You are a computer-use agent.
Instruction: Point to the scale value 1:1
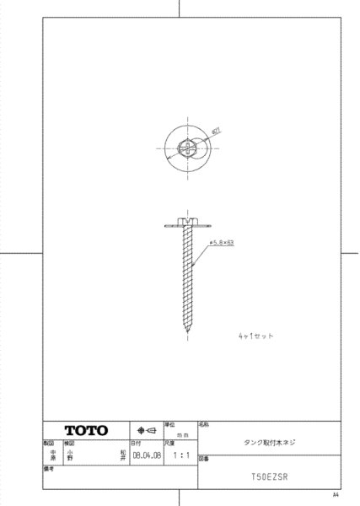pyautogui.click(x=179, y=453)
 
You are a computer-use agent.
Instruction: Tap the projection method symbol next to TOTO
pyautogui.click(x=145, y=430)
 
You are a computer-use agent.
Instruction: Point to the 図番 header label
pyautogui.click(x=204, y=460)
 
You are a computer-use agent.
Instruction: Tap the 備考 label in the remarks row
pyautogui.click(x=50, y=468)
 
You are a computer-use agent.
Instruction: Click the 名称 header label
pyautogui.click(x=204, y=425)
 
